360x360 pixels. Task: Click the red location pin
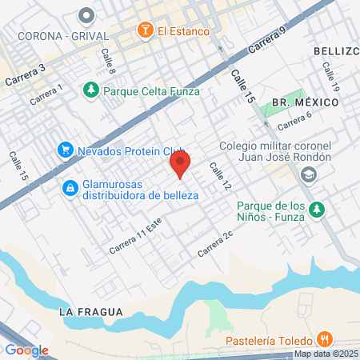180,166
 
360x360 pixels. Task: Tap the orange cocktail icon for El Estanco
146,30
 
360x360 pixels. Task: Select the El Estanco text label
183,31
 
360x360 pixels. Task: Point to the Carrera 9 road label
267,42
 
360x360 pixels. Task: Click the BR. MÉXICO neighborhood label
305,102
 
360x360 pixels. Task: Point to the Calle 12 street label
220,176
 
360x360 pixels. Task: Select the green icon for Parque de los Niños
317,209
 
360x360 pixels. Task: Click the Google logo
26,350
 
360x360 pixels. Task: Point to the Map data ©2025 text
325,354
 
